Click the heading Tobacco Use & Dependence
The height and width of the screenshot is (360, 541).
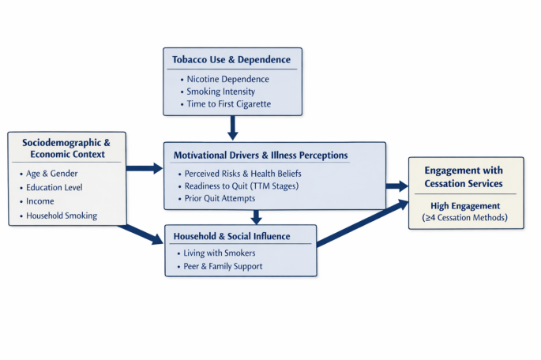231,60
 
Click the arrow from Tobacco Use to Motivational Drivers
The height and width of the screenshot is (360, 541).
233,128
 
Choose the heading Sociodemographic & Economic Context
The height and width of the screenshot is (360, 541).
66,148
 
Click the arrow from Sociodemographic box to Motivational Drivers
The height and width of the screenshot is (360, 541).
145,168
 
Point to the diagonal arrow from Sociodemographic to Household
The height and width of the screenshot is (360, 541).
141,234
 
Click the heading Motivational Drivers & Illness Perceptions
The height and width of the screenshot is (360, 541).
261,156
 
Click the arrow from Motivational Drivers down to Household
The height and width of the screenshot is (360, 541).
256,217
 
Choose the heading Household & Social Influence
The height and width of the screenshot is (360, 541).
231,236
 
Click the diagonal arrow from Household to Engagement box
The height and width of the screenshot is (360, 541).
363,223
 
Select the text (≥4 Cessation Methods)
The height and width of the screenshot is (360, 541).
464,218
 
